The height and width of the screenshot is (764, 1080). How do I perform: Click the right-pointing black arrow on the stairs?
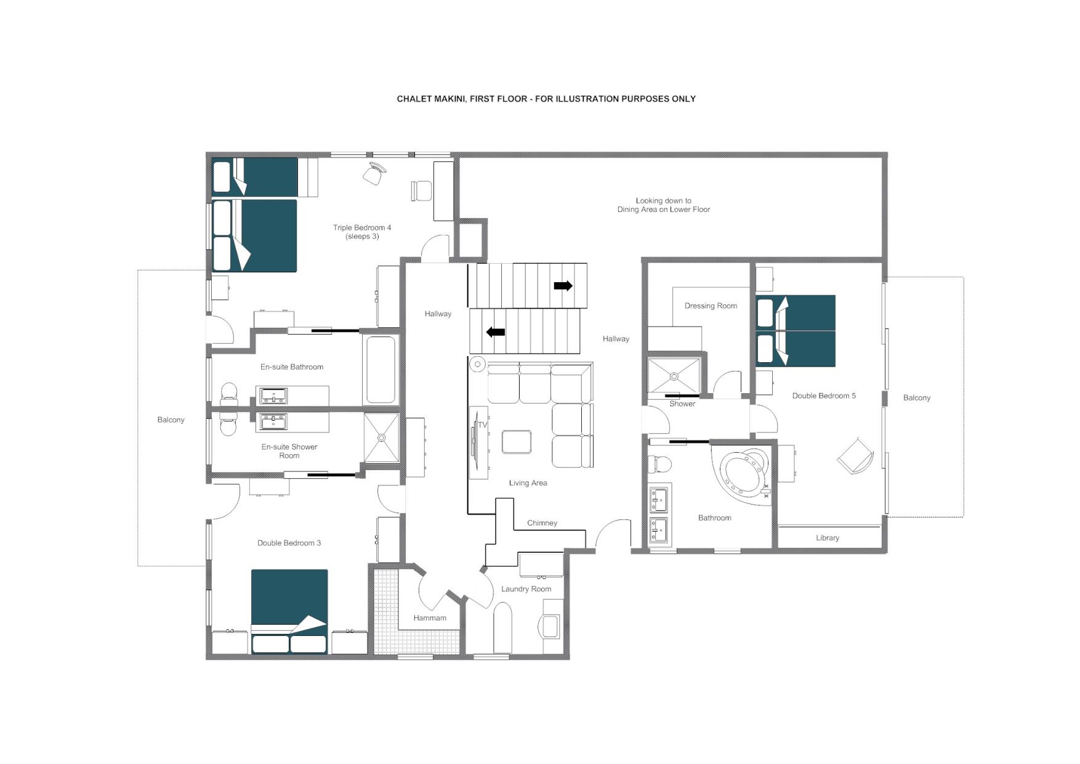(x=563, y=286)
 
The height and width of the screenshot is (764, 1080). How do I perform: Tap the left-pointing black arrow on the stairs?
(x=496, y=332)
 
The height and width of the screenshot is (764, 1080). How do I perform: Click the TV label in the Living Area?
(x=482, y=425)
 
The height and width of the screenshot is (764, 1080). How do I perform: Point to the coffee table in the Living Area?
(x=517, y=442)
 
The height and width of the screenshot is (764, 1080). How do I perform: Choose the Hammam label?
(x=430, y=618)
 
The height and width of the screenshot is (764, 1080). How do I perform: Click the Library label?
(x=828, y=538)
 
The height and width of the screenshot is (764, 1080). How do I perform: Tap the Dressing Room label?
(x=711, y=306)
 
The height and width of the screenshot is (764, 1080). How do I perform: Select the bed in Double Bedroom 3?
(x=289, y=611)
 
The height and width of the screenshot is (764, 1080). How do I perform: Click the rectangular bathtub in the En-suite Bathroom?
(x=381, y=370)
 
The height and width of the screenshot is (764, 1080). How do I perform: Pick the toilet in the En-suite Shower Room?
(x=228, y=425)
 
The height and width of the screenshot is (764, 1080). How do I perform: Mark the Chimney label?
(x=542, y=523)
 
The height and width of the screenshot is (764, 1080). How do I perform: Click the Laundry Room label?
(x=526, y=589)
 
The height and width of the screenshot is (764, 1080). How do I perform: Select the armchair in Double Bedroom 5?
(x=855, y=456)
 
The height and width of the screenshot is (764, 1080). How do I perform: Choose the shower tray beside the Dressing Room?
(x=674, y=376)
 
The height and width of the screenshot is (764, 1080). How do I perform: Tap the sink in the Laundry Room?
(x=549, y=627)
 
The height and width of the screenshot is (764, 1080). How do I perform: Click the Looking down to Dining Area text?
(x=664, y=205)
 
